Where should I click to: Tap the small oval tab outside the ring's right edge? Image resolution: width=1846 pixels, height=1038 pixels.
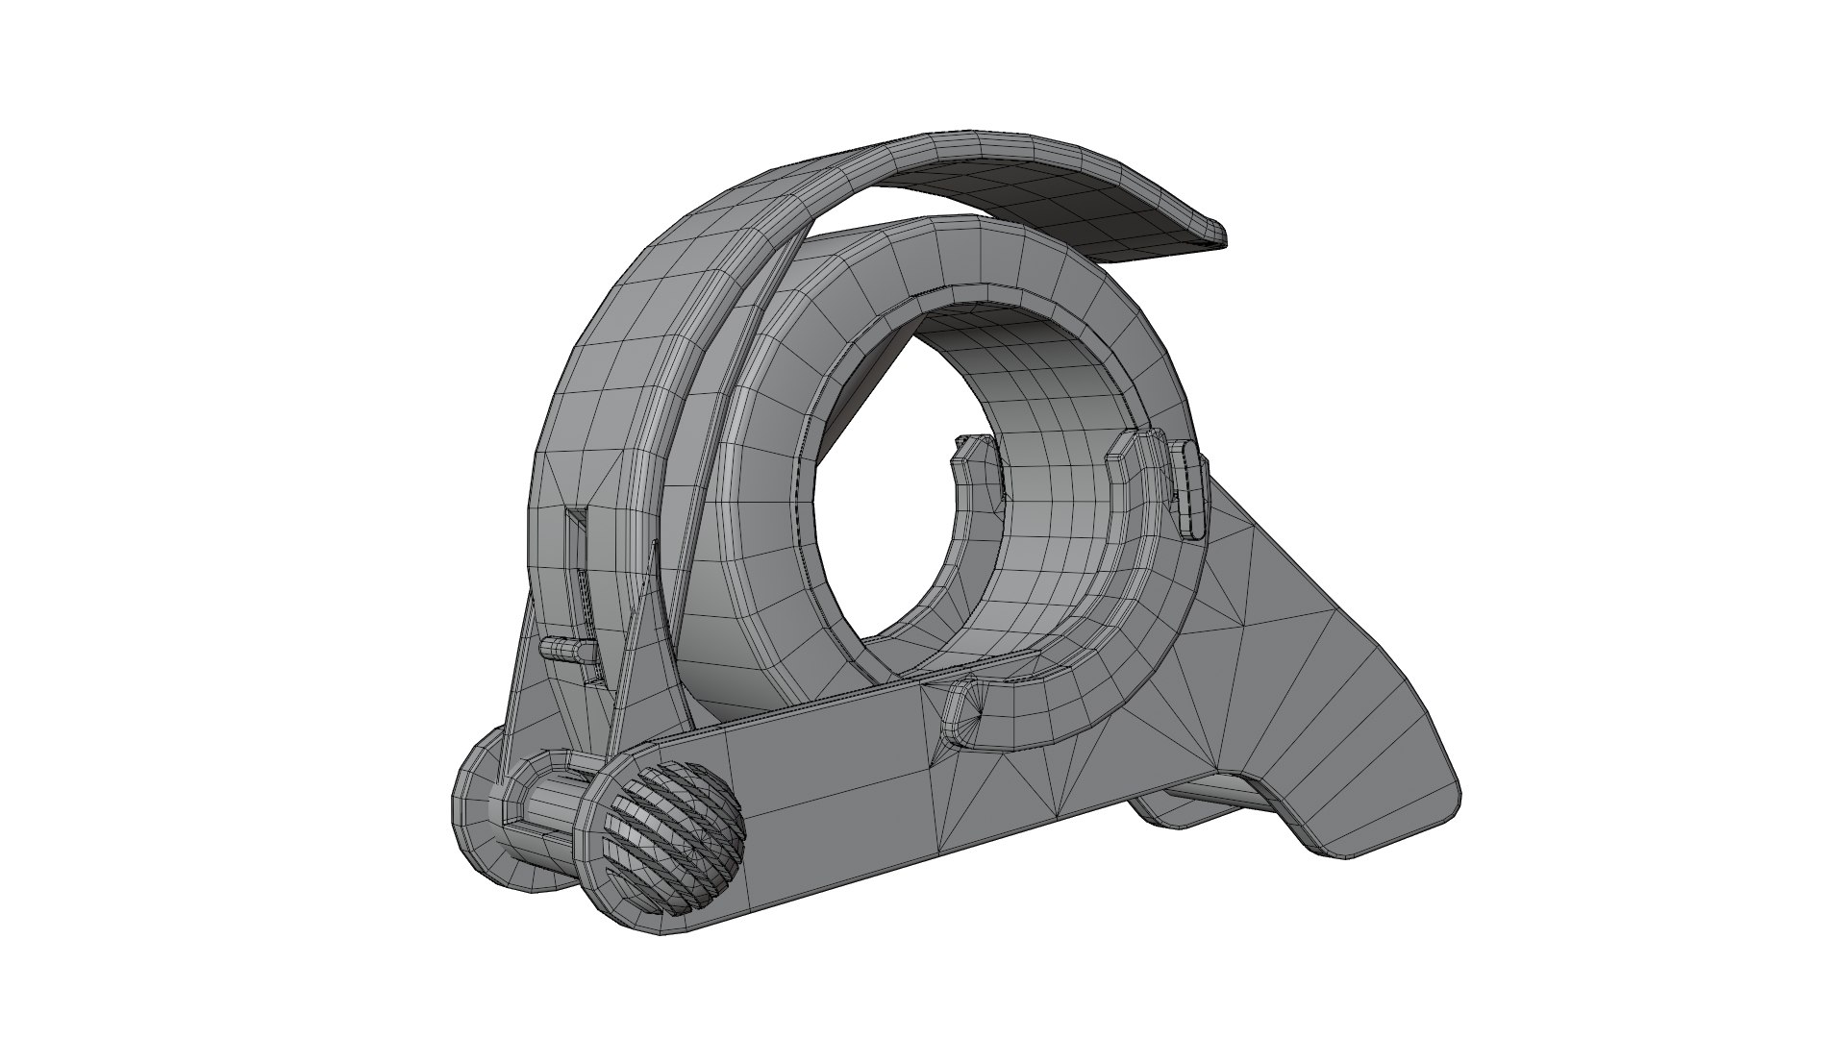[1190, 487]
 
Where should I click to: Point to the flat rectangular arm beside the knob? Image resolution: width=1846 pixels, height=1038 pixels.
[827, 778]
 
